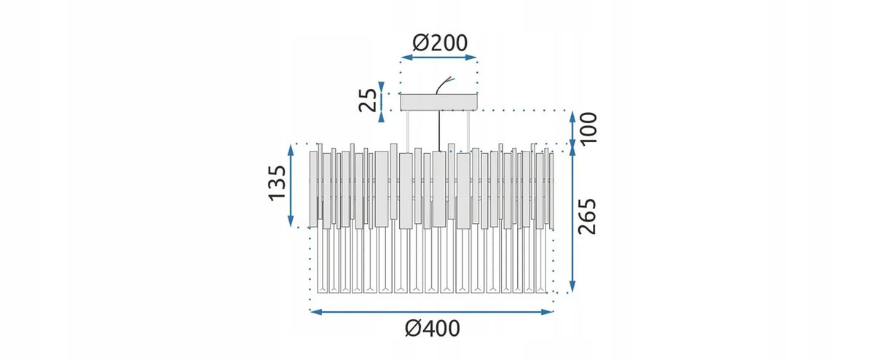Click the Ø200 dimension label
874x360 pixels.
click(440, 43)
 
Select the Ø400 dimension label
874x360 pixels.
click(433, 329)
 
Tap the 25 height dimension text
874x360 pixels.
click(368, 101)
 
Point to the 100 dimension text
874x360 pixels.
click(588, 128)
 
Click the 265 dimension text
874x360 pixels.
click(587, 216)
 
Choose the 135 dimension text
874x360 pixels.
click(277, 183)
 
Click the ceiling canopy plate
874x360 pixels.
click(439, 102)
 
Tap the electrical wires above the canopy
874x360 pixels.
click(444, 85)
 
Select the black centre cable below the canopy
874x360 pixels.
click(440, 130)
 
